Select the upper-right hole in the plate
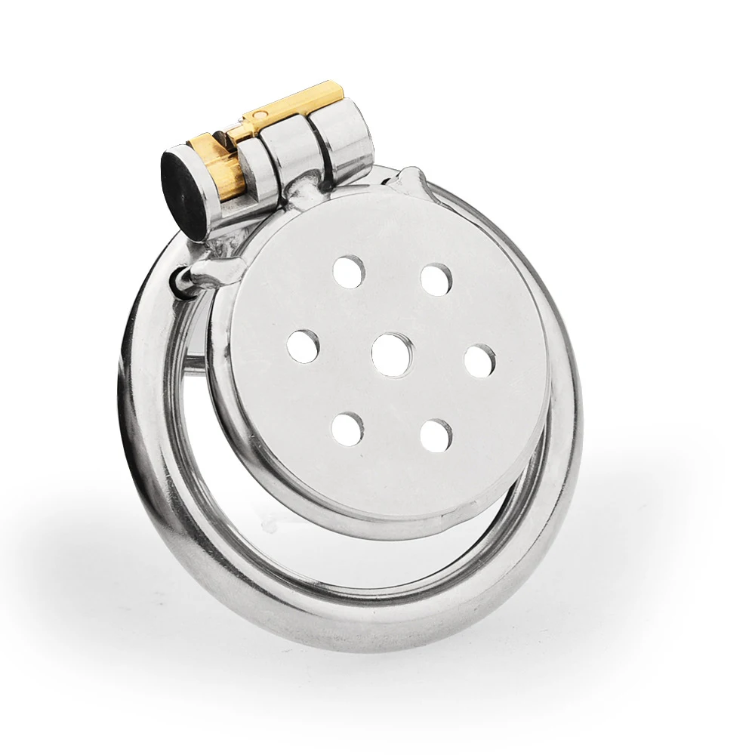[x=436, y=279]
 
